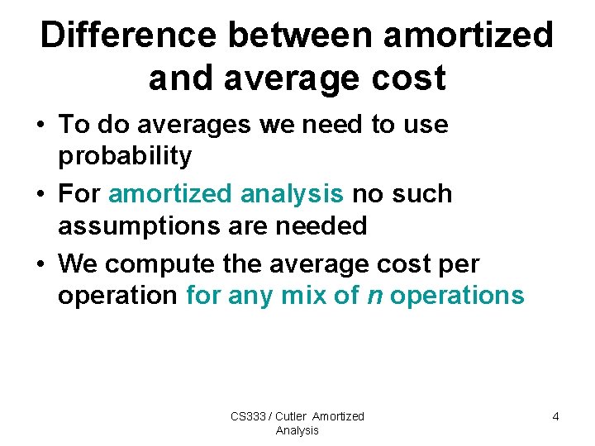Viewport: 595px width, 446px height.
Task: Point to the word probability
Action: point(125,155)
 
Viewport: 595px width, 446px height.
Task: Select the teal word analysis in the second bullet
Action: point(293,194)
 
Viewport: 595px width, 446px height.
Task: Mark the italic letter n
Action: point(374,295)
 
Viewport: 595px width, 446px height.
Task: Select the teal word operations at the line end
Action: point(457,295)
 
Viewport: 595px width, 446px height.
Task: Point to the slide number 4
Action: point(555,416)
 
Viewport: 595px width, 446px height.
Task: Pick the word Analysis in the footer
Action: point(297,430)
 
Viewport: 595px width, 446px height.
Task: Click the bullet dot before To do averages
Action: point(40,126)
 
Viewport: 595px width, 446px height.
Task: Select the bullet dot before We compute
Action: point(40,264)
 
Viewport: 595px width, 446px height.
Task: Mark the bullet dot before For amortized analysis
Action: point(40,195)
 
